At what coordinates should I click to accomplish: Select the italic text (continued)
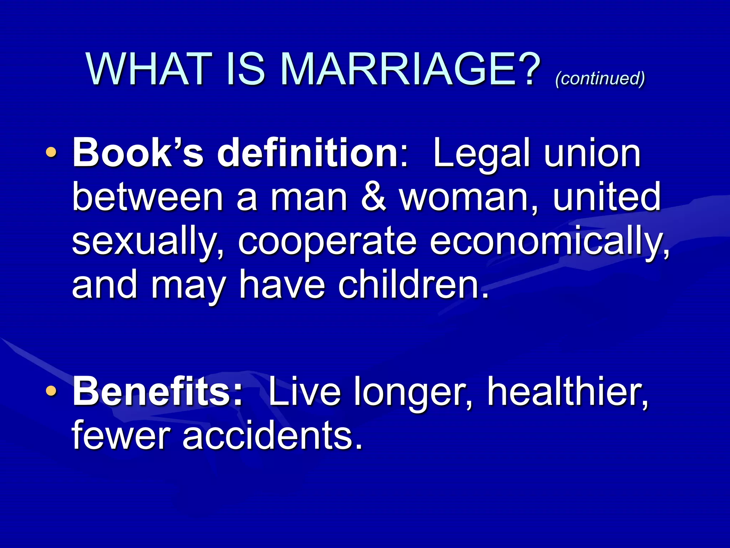[x=600, y=78]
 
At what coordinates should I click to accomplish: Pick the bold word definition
[x=308, y=153]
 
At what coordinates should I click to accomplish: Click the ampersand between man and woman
[x=373, y=197]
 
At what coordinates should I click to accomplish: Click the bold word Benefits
[x=157, y=392]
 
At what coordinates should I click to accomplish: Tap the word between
[x=148, y=197]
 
